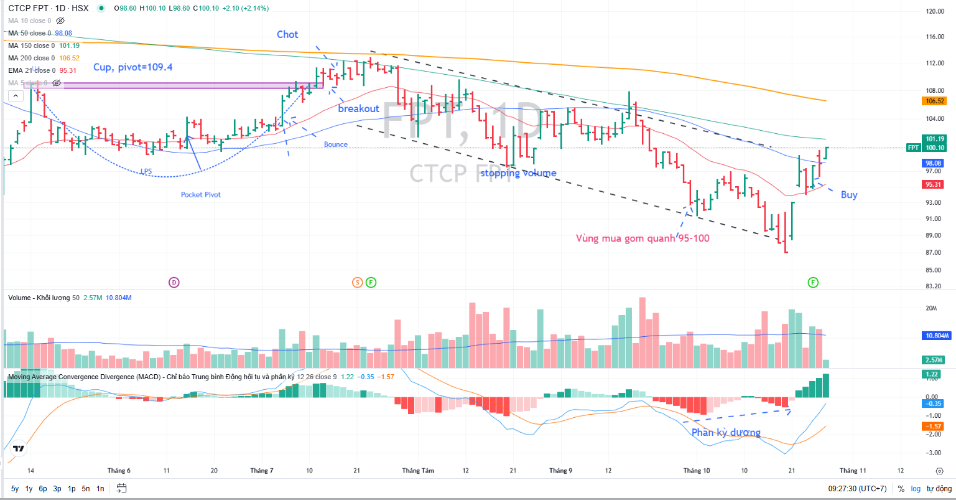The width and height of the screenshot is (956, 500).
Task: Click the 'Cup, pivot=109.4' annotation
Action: point(132,67)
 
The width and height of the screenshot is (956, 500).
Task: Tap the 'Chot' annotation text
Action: point(287,34)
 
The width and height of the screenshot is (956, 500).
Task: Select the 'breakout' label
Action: point(358,108)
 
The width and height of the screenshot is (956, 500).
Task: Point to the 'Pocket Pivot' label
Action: point(201,195)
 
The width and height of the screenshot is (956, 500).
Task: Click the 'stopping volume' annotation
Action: point(518,173)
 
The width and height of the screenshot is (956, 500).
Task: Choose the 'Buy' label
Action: point(849,195)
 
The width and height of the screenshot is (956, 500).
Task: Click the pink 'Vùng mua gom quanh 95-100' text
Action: point(643,238)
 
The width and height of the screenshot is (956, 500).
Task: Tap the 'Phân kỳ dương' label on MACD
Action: point(726,432)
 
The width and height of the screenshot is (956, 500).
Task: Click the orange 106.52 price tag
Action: point(935,101)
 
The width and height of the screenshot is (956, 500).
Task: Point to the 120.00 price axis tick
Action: point(935,11)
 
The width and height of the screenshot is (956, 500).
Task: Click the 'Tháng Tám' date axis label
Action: point(418,471)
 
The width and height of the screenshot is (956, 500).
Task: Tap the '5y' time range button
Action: point(15,489)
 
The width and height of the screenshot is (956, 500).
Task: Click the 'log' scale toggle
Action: point(916,489)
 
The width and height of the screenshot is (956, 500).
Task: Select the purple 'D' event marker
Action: point(174,283)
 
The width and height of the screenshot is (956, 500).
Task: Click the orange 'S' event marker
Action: point(357,283)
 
